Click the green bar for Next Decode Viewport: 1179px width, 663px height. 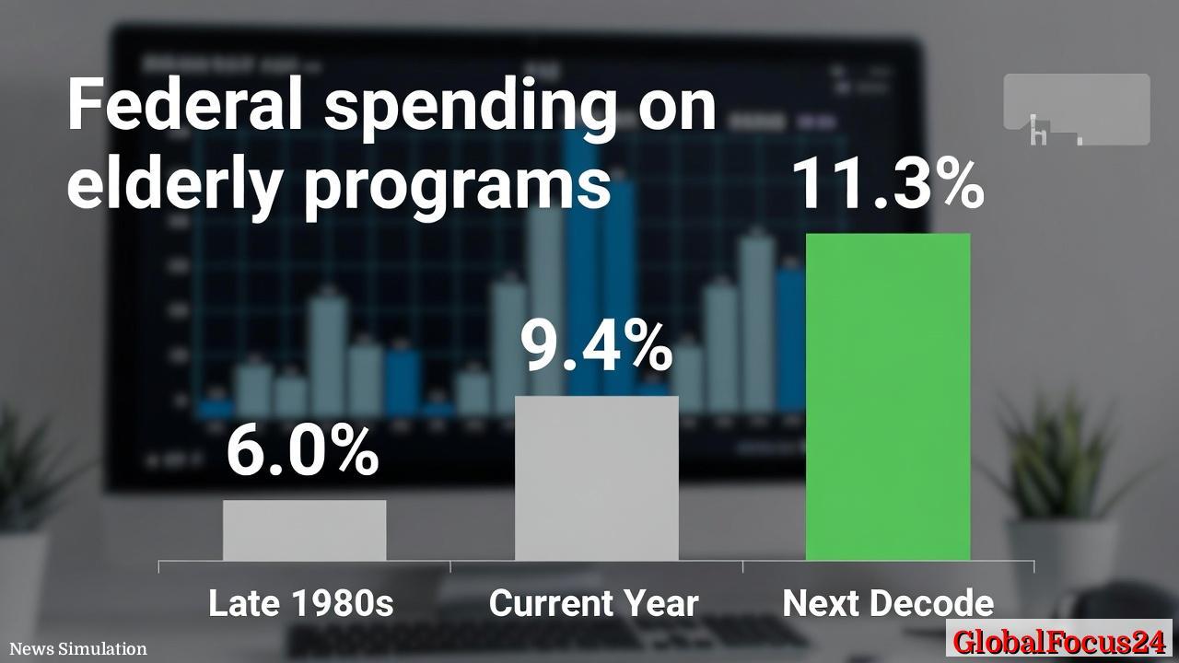click(x=888, y=397)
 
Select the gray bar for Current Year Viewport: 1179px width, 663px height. click(x=596, y=478)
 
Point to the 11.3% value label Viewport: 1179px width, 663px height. click(x=888, y=184)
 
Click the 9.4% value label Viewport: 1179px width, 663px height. click(x=596, y=346)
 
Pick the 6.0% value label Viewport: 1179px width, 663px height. click(x=302, y=451)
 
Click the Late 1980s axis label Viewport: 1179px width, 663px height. click(x=301, y=604)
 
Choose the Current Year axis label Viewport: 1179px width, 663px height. click(x=594, y=604)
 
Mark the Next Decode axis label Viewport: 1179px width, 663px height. click(x=888, y=604)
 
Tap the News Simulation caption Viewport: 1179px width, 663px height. click(x=78, y=649)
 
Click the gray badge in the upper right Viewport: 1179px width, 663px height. click(x=1076, y=110)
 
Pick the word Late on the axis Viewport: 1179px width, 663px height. click(x=244, y=604)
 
